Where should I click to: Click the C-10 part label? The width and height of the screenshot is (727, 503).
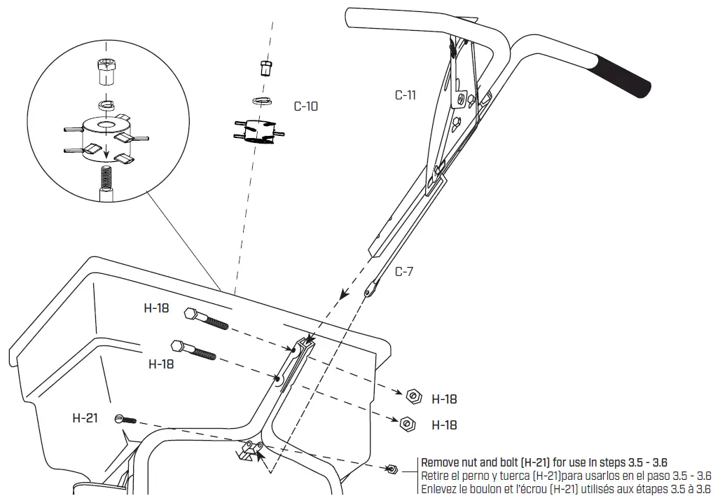coord(305,106)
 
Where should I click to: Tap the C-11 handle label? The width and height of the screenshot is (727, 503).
coord(405,95)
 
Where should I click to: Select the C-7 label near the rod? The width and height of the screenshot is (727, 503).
coord(403,272)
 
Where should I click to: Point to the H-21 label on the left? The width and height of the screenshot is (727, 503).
coord(85,418)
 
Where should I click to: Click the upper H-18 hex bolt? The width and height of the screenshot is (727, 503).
coord(206,319)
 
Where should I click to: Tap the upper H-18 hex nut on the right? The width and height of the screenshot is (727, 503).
coord(414,397)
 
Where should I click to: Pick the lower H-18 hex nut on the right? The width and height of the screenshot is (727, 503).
coord(406,423)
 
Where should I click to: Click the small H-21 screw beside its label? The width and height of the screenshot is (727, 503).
coord(124,420)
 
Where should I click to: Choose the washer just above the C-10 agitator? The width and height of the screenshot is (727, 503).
coord(263,100)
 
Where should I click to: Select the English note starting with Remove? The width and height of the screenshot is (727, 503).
coord(543,462)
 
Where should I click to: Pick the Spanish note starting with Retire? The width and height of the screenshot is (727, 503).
coord(566,476)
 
